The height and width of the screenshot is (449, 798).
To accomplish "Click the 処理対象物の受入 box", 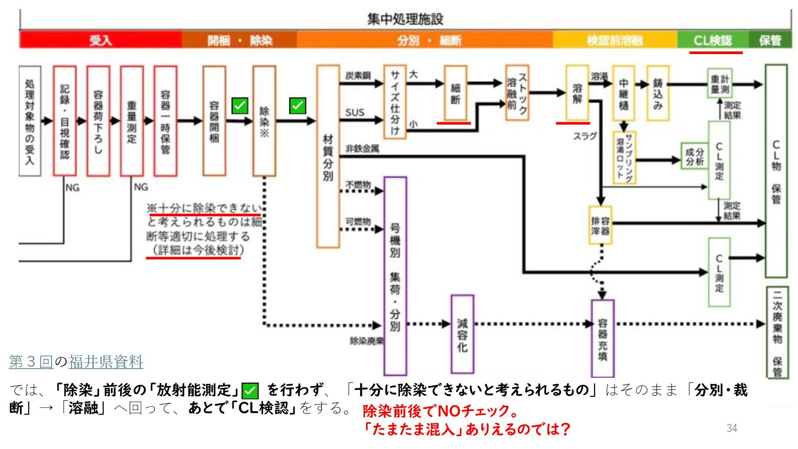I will pos(30,121).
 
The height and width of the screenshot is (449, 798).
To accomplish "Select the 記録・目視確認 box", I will pos(64,121).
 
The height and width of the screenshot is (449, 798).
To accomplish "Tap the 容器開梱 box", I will pos(214,121).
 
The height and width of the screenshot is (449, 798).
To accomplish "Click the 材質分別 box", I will pos(328,156).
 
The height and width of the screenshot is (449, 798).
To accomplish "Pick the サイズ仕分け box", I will pos(394,102).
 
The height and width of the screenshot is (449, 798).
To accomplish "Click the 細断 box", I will pos(456,93).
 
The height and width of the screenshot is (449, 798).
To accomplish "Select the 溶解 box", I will pos(577,93).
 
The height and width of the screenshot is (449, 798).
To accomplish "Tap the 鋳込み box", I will pos(658,93).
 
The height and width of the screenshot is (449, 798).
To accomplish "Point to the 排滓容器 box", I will pos(600,225).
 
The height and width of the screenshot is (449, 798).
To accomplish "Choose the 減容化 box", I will pos(462,334).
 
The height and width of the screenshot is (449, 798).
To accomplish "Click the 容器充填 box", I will pos(602,338).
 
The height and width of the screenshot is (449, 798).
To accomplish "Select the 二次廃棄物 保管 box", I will pos(777,332).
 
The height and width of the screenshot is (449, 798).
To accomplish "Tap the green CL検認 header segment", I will pos(712,40).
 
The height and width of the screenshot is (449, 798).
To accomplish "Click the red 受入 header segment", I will pos(101,40).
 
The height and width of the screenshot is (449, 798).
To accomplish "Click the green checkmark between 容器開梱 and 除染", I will pos(240,106).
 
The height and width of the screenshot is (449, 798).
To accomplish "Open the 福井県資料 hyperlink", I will pos(106,362).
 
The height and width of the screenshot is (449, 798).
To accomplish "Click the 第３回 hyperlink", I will pos(31,362).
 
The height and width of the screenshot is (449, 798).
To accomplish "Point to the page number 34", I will pos(732,428).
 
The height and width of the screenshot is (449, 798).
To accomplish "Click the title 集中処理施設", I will pos(405,19).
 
